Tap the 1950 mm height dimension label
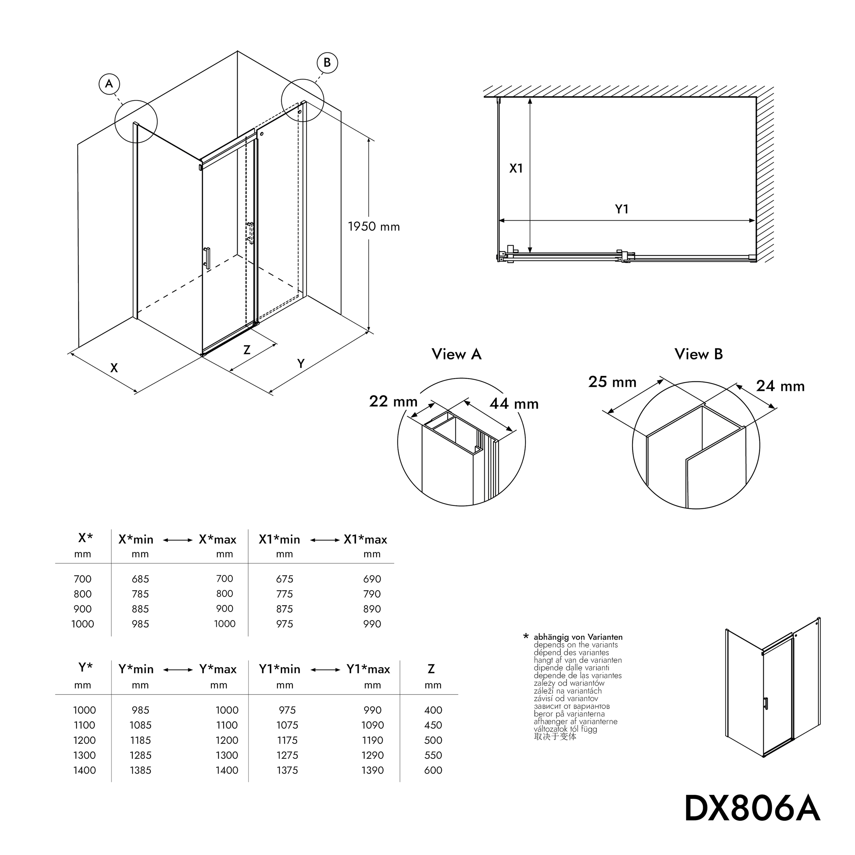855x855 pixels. [373, 227]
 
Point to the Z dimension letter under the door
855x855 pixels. [247, 350]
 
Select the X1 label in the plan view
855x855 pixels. [516, 168]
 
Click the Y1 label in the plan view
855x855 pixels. [622, 209]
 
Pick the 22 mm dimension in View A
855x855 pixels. [393, 402]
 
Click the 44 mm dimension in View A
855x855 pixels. [514, 404]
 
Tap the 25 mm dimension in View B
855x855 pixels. [612, 382]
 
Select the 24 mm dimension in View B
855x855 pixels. [780, 386]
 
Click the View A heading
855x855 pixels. [456, 354]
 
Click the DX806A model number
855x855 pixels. [752, 808]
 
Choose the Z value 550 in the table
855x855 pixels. [433, 755]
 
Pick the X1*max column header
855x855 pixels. [365, 539]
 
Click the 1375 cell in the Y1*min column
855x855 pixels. [287, 770]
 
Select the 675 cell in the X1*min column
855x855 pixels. [285, 579]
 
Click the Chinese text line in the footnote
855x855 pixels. [555, 736]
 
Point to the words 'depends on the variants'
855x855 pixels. [575, 645]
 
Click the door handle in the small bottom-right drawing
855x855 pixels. [766, 703]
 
